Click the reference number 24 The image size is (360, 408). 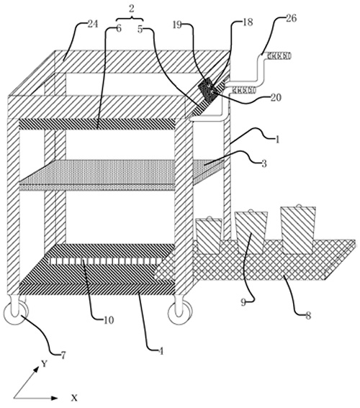point(93,24)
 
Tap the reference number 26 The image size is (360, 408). point(291,19)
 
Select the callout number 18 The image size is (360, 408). point(248,22)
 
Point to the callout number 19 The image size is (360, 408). point(177,25)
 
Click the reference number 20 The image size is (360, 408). point(276,98)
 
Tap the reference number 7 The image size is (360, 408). point(63,355)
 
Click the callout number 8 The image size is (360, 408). point(308,316)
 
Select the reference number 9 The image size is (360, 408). point(243,303)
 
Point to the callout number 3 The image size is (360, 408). point(264,163)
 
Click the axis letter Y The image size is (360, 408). point(45,363)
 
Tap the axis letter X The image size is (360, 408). point(74,398)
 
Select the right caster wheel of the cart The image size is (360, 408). point(181,313)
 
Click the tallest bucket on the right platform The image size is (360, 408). point(298,230)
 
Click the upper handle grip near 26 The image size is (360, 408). point(278,55)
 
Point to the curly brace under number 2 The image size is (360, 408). point(130,19)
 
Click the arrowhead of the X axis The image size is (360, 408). point(55,398)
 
